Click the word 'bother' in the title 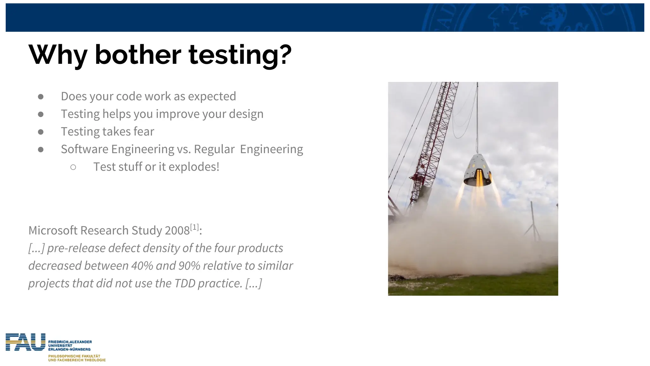(138, 55)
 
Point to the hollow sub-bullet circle (73, 167)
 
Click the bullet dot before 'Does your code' (41, 97)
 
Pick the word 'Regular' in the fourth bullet (214, 149)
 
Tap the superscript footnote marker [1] (194, 227)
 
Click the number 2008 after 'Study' (177, 231)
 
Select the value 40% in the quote (142, 266)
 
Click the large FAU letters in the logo (25, 342)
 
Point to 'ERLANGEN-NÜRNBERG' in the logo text (69, 349)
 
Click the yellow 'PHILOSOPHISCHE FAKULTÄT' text (74, 356)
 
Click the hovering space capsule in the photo (477, 170)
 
